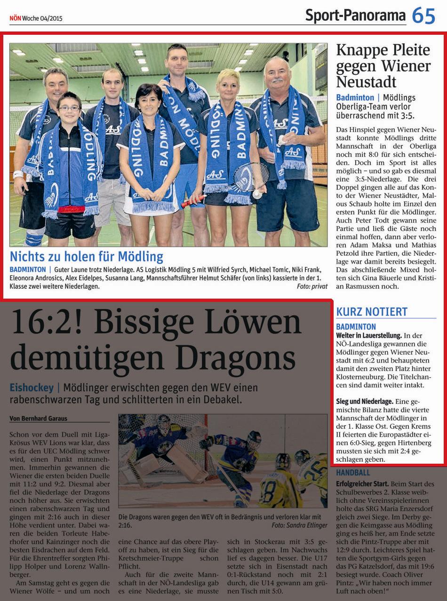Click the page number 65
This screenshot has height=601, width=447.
[424, 16]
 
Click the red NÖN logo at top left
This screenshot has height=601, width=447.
[15, 18]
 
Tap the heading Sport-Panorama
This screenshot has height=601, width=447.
[355, 16]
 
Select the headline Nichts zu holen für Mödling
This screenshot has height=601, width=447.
[87, 257]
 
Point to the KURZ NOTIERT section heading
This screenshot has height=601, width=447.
[372, 311]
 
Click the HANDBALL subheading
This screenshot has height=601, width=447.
[353, 473]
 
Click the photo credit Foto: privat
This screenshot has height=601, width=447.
[312, 286]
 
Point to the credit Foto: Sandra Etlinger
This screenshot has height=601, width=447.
[299, 525]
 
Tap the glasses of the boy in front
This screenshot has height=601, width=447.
[69, 108]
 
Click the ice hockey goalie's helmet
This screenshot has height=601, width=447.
[164, 424]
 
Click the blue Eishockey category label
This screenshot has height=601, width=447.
[31, 388]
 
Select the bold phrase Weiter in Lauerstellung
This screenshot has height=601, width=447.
[369, 336]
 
